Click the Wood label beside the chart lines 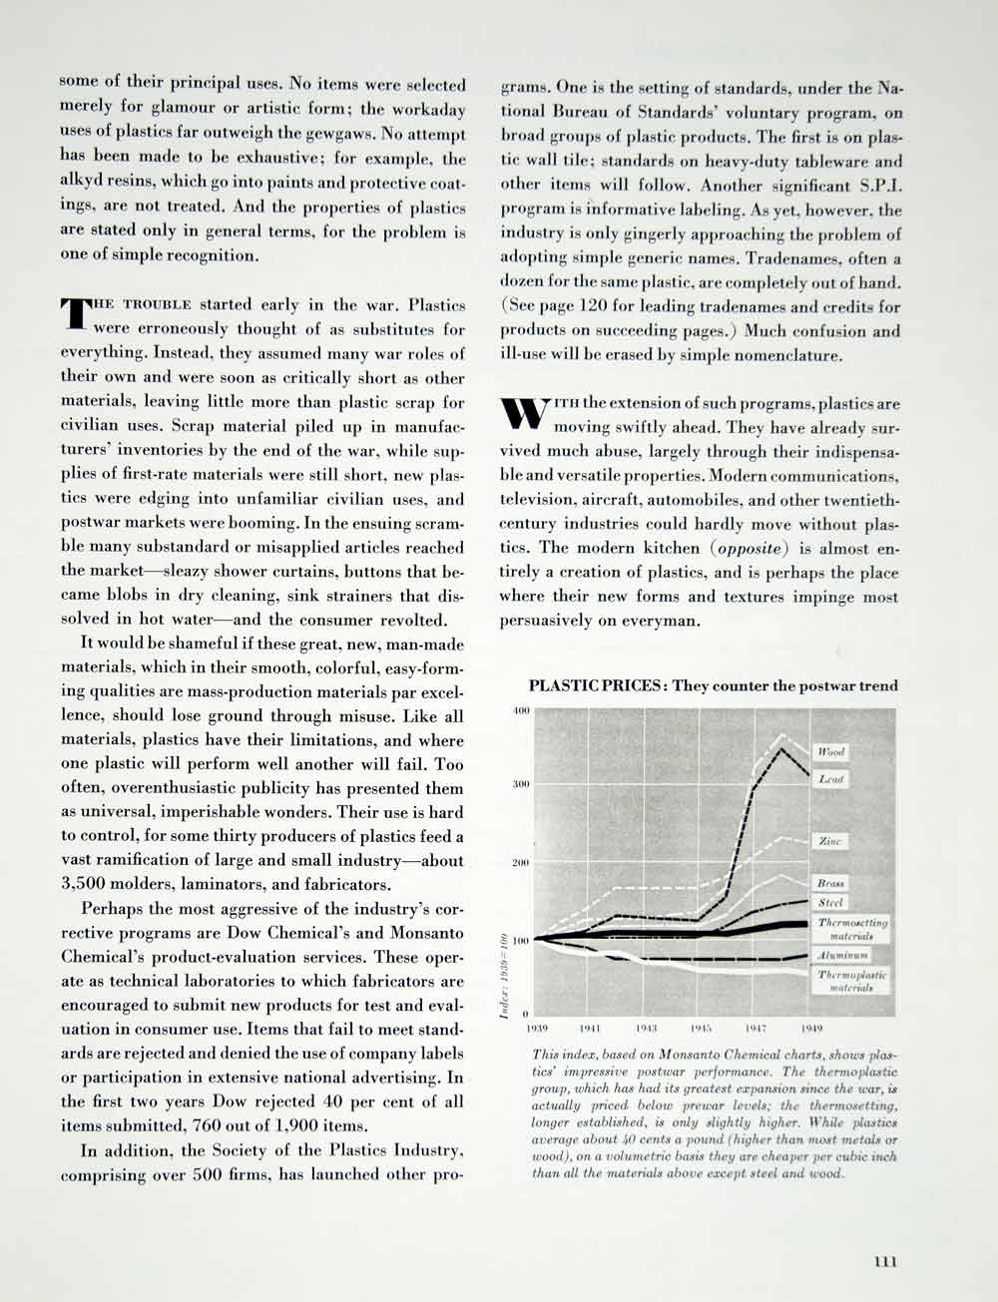(830, 751)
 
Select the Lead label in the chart (830, 778)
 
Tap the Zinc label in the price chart (830, 842)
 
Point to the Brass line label (830, 884)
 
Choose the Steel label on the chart (830, 903)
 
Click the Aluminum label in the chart (843, 955)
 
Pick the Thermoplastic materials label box (851, 981)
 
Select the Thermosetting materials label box (851, 929)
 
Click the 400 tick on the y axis (520, 710)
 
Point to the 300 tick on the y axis (520, 785)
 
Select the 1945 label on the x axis (699, 1027)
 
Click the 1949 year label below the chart (809, 1027)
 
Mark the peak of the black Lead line (781, 748)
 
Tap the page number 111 (885, 1261)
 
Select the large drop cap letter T (75, 313)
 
